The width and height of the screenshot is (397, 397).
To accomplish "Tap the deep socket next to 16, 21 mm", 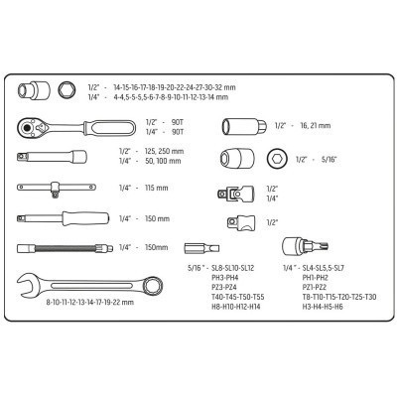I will pyautogui.click(x=244, y=126).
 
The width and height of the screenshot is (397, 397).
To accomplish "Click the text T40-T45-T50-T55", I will pyautogui.click(x=232, y=297).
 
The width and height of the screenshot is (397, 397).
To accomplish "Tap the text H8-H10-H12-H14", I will pyautogui.click(x=231, y=308).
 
